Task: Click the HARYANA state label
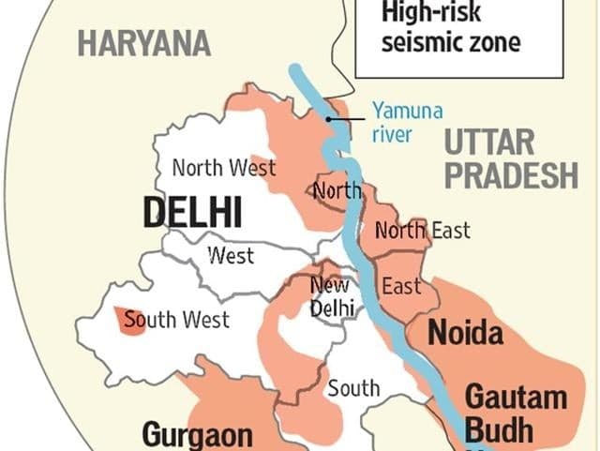pos(144,43)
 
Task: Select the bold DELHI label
pos(192,213)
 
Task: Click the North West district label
pos(224,168)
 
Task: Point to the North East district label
pos(422,230)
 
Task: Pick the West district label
pos(231,256)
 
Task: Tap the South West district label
pos(177,321)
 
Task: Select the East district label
pos(401,286)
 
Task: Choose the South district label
pos(353,387)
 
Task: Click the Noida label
pos(466,333)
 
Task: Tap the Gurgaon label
pos(197,435)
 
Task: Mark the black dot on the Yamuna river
pos(328,119)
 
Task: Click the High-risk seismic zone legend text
pos(449,29)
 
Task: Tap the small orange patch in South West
pos(123,319)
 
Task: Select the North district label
pos(337,191)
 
